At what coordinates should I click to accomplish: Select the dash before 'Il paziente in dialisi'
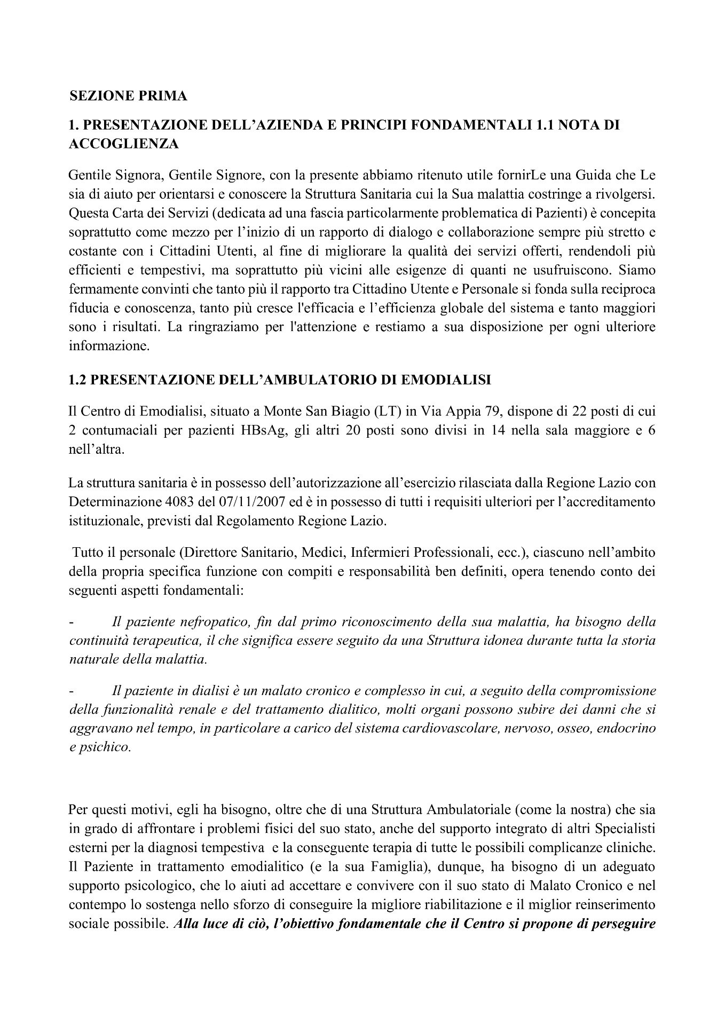72,691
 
